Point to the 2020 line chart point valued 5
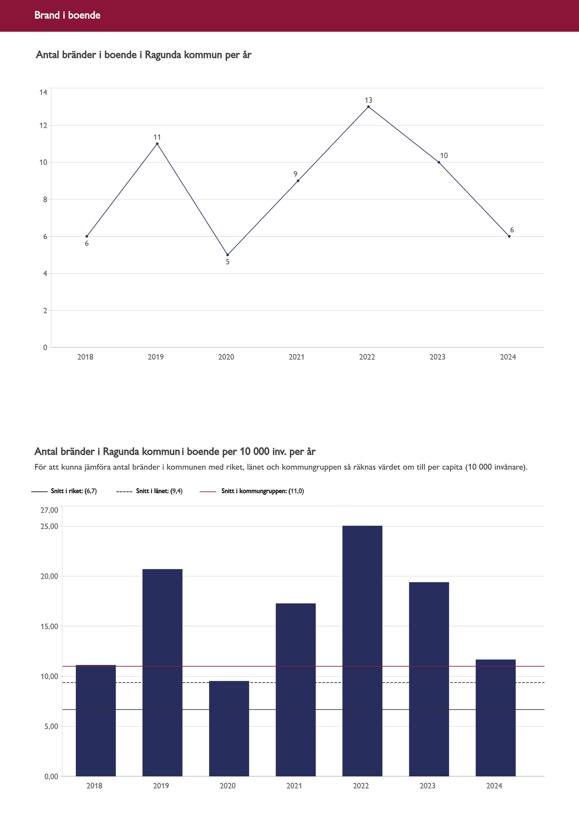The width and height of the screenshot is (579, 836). click(227, 255)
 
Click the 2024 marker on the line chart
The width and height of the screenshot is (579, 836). click(509, 236)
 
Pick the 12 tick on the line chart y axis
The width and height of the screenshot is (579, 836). click(43, 126)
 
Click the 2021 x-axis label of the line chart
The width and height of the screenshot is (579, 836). click(296, 357)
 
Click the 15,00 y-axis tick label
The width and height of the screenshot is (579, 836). click(49, 627)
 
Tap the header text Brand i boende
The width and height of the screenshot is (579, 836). click(67, 15)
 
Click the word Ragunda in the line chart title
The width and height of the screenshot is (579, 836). click(163, 55)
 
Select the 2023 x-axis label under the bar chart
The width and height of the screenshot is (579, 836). click(427, 786)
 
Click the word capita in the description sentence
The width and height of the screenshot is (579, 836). click(452, 467)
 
